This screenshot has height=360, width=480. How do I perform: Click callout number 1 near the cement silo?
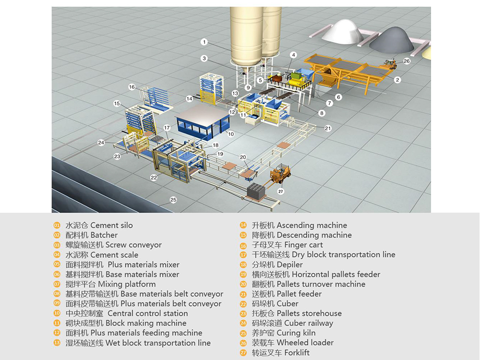204,42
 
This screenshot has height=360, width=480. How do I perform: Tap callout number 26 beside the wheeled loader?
407,61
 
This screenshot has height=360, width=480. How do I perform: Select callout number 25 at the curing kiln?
173,199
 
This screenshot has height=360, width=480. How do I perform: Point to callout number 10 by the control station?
231,134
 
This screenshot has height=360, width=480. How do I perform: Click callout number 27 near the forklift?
281,192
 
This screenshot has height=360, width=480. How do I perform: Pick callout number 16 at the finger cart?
132,87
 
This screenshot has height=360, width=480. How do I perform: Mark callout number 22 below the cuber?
154,178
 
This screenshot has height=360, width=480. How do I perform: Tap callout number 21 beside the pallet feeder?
328,128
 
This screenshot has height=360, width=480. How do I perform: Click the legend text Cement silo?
111,225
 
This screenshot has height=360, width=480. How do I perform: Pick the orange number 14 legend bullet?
243,225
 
